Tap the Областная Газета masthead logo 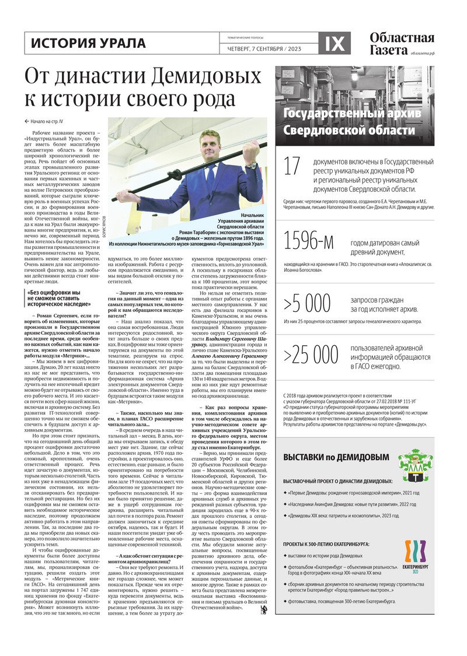click(x=402, y=44)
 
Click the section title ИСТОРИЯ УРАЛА click(x=88, y=43)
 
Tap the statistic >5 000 click(x=307, y=303)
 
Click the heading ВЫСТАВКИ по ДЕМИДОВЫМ click(x=336, y=458)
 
